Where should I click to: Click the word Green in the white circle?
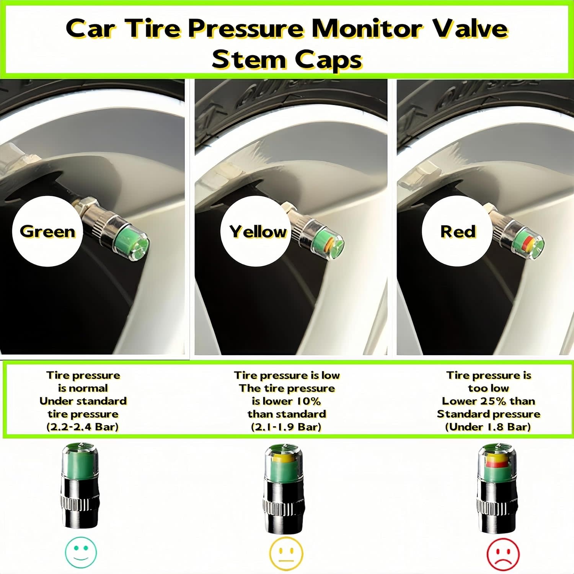[x=47, y=232]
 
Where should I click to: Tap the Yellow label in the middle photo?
[x=258, y=232]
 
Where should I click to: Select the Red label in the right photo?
[x=458, y=232]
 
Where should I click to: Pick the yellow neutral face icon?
[x=286, y=553]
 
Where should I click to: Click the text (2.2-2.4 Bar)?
[x=83, y=427]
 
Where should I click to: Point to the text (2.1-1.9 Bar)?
[x=286, y=427]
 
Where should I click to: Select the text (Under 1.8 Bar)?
[x=488, y=427]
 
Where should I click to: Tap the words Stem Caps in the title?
[x=287, y=60]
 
